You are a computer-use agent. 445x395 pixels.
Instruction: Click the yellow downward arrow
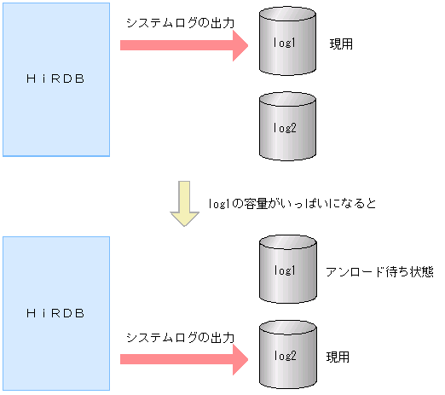pyautogui.click(x=183, y=202)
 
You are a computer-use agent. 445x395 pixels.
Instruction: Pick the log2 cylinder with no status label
pyautogui.click(x=286, y=128)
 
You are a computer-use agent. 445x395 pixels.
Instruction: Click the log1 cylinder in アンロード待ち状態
pyautogui.click(x=286, y=270)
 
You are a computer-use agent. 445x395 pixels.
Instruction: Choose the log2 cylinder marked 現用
pyautogui.click(x=286, y=354)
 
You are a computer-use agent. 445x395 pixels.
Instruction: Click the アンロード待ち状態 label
pyautogui.click(x=379, y=271)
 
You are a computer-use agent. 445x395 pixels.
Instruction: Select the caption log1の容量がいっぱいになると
pyautogui.click(x=293, y=204)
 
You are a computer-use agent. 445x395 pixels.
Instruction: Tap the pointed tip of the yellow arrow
pyautogui.click(x=183, y=224)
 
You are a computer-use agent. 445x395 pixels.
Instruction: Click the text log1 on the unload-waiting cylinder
pyautogui.click(x=286, y=270)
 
